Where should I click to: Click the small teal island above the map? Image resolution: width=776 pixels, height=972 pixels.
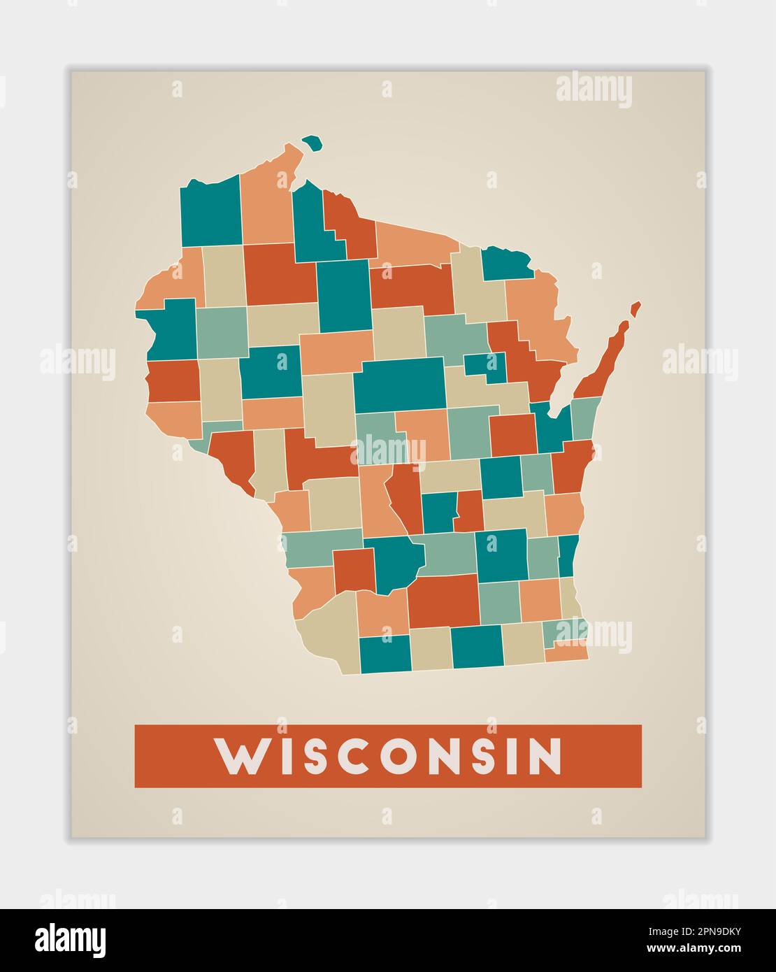pos(312,143)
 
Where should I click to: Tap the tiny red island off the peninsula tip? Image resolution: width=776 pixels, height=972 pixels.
pos(635,308)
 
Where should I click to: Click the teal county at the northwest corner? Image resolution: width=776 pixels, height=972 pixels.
pos(210,213)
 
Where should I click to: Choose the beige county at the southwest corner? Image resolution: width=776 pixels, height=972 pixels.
pos(329,633)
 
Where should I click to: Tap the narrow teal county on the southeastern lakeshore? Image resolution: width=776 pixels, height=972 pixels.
pos(568,555)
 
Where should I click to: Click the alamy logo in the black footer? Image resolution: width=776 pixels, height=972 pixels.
pos(71,941)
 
